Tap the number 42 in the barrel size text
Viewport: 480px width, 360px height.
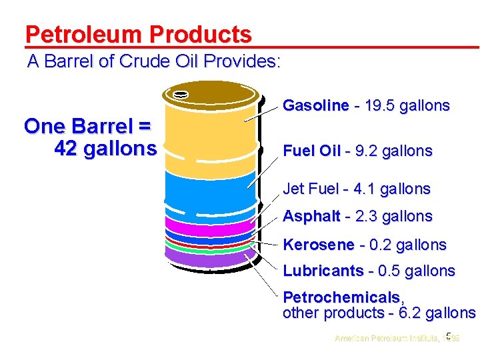click(x=65, y=148)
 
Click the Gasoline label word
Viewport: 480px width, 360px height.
click(x=315, y=105)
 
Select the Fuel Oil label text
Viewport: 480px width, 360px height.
click(x=312, y=151)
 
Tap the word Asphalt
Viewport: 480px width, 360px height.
click(x=311, y=217)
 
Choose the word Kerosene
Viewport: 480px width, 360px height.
click(x=317, y=245)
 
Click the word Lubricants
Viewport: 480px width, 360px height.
click(x=323, y=271)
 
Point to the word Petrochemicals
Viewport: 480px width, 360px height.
click(x=341, y=297)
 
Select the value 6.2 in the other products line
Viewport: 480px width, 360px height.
click(x=409, y=313)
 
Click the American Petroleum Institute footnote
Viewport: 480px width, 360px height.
click(x=387, y=338)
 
